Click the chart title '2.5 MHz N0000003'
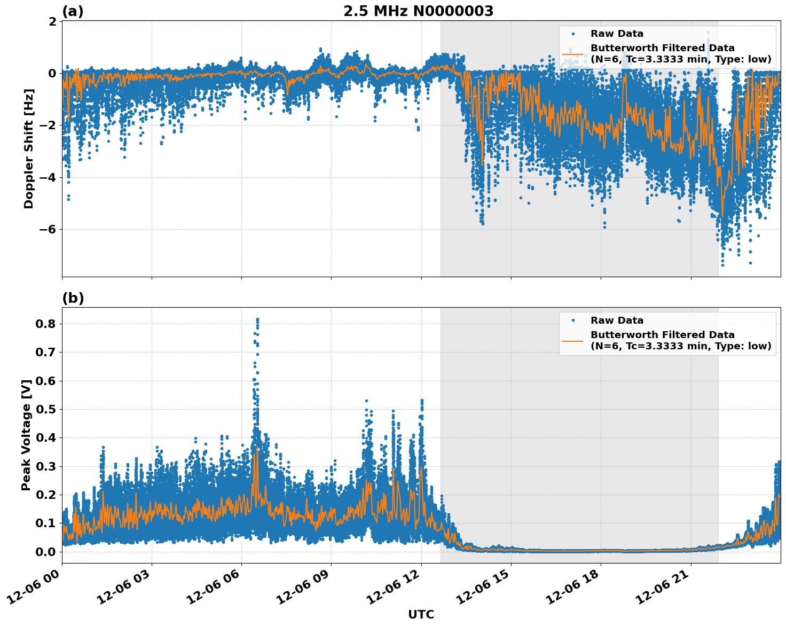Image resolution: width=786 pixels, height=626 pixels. click(418, 11)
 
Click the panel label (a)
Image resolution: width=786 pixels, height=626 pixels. click(73, 11)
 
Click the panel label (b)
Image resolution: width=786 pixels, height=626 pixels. click(73, 298)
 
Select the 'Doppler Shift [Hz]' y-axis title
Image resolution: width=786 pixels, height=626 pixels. click(29, 148)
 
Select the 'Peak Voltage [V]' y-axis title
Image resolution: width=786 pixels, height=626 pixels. click(26, 434)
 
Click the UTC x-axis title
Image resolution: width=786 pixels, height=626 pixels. click(421, 614)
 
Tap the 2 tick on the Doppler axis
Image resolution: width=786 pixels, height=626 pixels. click(52, 21)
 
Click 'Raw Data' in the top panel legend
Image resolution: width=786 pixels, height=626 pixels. click(617, 34)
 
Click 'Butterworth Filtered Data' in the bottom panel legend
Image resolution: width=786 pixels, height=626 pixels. click(662, 335)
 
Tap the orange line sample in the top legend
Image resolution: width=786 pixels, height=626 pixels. click(572, 54)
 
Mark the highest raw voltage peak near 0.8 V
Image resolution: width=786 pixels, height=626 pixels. click(257, 319)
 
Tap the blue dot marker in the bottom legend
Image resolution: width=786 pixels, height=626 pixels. click(572, 320)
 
